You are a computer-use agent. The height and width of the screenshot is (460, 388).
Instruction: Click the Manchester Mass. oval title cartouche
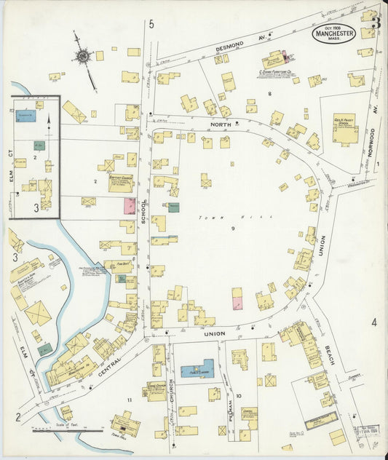[x=334, y=33]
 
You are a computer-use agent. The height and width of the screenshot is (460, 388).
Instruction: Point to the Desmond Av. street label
[x=232, y=47]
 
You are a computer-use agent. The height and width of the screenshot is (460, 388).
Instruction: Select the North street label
[x=221, y=124]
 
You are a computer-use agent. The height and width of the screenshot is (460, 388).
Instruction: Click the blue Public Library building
[x=197, y=370]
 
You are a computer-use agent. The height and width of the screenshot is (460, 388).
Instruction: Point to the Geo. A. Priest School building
[x=344, y=128]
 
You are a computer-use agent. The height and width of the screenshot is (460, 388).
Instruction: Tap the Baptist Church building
[x=120, y=182]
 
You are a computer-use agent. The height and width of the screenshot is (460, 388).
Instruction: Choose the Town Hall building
[x=125, y=425]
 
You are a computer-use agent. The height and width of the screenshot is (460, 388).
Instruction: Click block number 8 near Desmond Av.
[x=269, y=94]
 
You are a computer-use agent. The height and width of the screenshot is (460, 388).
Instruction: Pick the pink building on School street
[x=129, y=206]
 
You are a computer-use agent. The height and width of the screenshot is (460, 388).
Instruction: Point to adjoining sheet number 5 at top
[x=151, y=25]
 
